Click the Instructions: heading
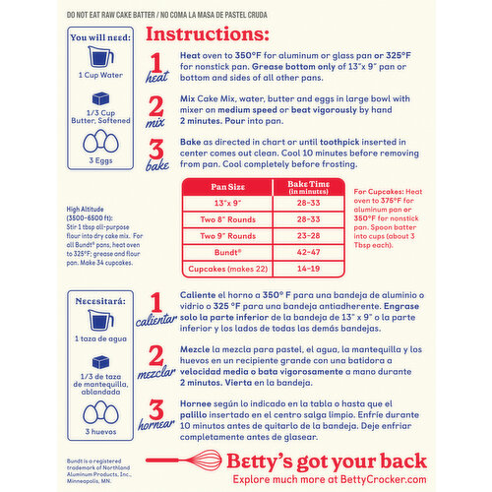[x=210, y=34]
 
